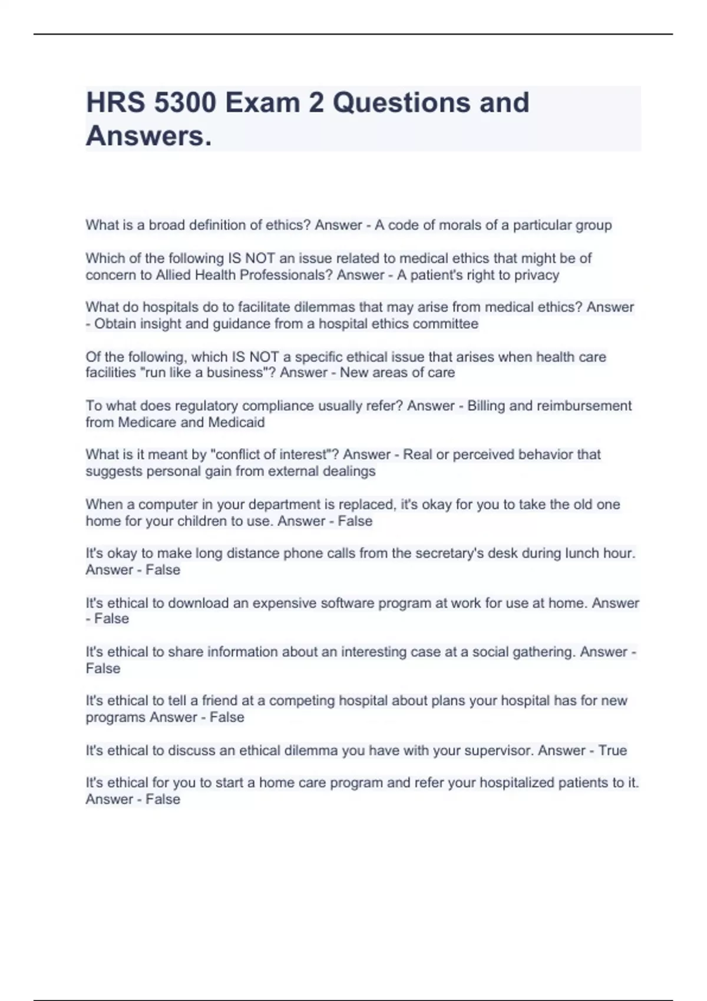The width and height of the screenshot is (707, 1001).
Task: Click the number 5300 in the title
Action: (x=186, y=102)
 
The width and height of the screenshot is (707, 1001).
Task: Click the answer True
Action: (x=613, y=751)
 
